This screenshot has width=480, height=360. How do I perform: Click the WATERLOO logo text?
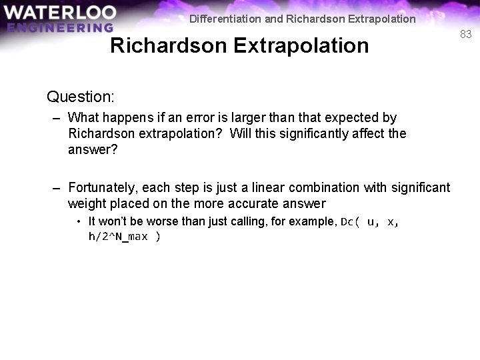pyautogui.click(x=59, y=13)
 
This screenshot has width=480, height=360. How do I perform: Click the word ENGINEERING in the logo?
pyautogui.click(x=60, y=28)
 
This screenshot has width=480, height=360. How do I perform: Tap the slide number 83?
pyautogui.click(x=465, y=34)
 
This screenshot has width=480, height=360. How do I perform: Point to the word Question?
pyautogui.click(x=81, y=97)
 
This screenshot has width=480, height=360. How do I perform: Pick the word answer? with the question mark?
pyautogui.click(x=93, y=149)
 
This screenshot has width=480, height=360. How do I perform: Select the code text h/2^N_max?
pyautogui.click(x=119, y=237)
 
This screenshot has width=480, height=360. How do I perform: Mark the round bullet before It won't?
pyautogui.click(x=79, y=221)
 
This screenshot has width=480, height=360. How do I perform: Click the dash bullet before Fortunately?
pyautogui.click(x=57, y=187)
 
